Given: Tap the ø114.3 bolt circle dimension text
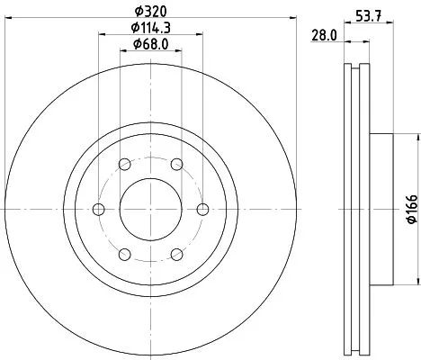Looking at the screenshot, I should point(150,29).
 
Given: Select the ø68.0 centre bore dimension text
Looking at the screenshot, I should point(150,45).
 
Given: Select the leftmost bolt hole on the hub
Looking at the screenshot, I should point(98,209).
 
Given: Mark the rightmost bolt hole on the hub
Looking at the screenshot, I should point(202,209).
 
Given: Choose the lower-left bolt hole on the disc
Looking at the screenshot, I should point(122,255).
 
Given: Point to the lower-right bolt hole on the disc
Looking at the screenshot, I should point(178,255).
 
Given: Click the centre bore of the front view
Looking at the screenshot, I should point(150,209).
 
